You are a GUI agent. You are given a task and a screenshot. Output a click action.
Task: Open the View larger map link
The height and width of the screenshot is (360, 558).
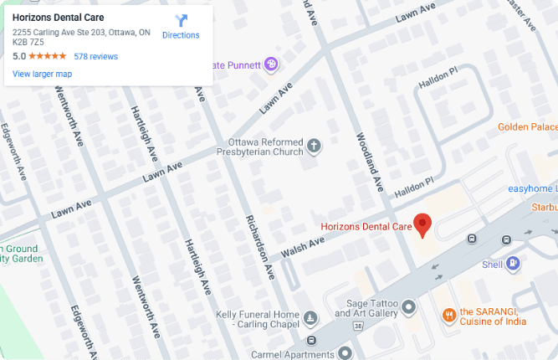pyautogui.click(x=42, y=75)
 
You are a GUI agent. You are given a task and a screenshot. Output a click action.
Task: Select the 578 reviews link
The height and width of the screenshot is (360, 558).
pyautogui.click(x=95, y=56)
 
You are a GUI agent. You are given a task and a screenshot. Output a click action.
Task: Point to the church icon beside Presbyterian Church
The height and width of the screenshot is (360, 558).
pyautogui.click(x=315, y=147)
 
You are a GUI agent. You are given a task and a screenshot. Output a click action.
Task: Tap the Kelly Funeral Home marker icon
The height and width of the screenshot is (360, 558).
pyautogui.click(x=311, y=318)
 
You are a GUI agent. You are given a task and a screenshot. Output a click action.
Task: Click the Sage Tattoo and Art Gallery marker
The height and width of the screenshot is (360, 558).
pyautogui.click(x=408, y=308)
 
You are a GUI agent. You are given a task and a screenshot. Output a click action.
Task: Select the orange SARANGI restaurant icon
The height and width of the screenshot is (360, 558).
pyautogui.click(x=448, y=315)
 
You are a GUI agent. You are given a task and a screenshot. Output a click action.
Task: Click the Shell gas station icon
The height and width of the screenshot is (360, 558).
pyautogui.click(x=513, y=265)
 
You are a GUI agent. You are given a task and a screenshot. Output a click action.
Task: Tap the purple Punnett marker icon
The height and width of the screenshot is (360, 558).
pyautogui.click(x=271, y=64)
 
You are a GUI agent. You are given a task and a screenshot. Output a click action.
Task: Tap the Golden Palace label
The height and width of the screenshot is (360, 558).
pyautogui.click(x=527, y=127)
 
